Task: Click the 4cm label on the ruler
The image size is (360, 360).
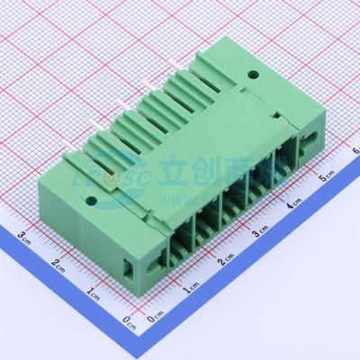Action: (293, 206)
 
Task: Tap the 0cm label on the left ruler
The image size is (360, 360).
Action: (129, 320)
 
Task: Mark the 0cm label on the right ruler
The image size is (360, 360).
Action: (153, 319)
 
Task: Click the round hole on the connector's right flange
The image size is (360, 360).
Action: (254, 77)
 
